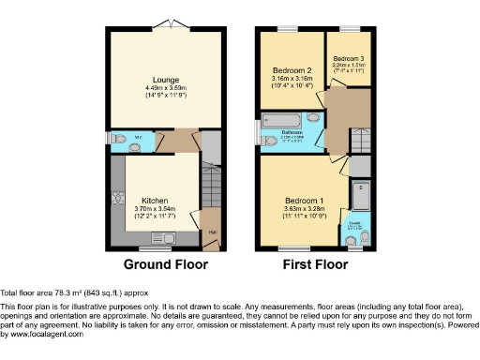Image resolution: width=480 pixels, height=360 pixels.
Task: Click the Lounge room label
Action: pos(168,80)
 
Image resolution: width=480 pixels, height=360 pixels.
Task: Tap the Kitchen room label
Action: pos(155,201)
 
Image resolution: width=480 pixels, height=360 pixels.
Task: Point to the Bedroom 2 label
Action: pos(292,69)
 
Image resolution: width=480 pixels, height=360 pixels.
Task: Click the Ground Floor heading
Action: pos(166,265)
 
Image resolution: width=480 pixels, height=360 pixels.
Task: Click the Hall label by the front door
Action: pos(211,233)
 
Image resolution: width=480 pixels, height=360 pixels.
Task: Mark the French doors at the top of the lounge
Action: pos(168,22)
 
